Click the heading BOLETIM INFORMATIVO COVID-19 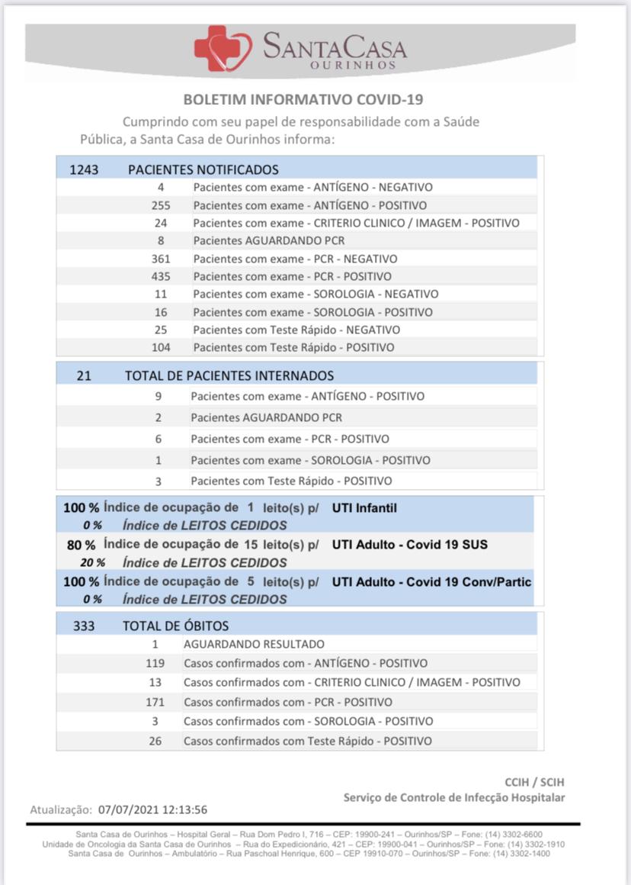pyautogui.click(x=303, y=100)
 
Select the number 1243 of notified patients pyautogui.click(x=84, y=169)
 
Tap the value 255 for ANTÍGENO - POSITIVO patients pyautogui.click(x=161, y=205)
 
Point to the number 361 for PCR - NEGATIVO pyautogui.click(x=161, y=259)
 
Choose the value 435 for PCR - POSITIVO pyautogui.click(x=161, y=276)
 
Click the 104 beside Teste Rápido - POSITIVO pyautogui.click(x=161, y=347)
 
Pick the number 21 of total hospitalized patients pyautogui.click(x=85, y=375)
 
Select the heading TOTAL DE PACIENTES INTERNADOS pyautogui.click(x=229, y=375)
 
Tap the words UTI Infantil pyautogui.click(x=364, y=508)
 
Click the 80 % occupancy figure pyautogui.click(x=81, y=545)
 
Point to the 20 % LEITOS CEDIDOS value pyautogui.click(x=92, y=563)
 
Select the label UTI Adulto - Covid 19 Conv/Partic pyautogui.click(x=431, y=582)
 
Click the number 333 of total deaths pyautogui.click(x=84, y=626)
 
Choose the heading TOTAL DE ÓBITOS pyautogui.click(x=176, y=626)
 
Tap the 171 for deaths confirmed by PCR pyautogui.click(x=155, y=702)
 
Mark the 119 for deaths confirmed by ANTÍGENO pyautogui.click(x=155, y=664)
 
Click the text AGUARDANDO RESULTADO pyautogui.click(x=254, y=645)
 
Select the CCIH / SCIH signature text pyautogui.click(x=535, y=782)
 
